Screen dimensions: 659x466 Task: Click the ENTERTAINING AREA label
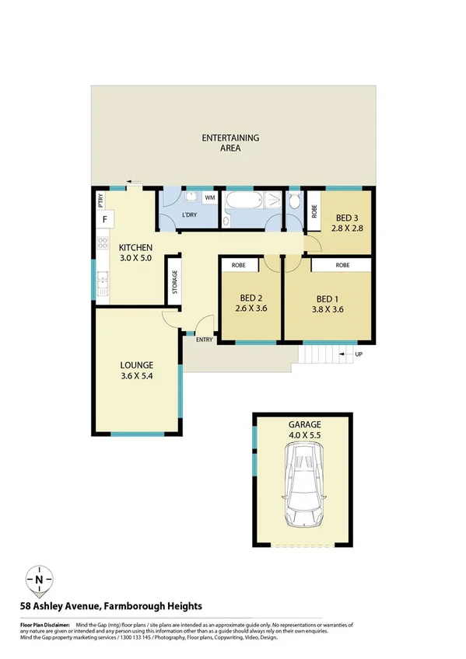(x=230, y=143)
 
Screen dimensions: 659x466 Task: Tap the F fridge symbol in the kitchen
(x=103, y=220)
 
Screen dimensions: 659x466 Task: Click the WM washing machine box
(x=209, y=199)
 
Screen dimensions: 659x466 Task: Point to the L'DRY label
(x=188, y=214)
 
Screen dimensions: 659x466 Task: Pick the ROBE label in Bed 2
(x=240, y=265)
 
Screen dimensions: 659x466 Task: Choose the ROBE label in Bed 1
(x=342, y=265)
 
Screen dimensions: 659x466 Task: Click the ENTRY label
(x=204, y=340)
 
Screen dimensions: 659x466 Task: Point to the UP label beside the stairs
(x=359, y=355)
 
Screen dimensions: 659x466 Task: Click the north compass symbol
(x=39, y=580)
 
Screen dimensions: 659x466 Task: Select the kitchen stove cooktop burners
(x=102, y=248)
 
